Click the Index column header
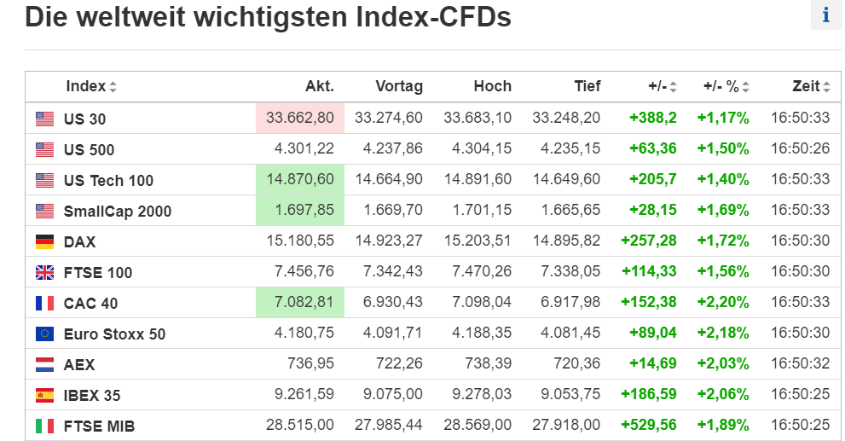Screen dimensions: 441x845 tap(85, 86)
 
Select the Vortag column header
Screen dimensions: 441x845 tap(398, 86)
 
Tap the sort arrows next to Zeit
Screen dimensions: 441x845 tap(826, 87)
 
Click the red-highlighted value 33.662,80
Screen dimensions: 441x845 tap(299, 119)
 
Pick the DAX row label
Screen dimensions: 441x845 tap(80, 242)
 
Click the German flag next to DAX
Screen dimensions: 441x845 tap(44, 242)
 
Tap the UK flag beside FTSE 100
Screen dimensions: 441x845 tap(44, 273)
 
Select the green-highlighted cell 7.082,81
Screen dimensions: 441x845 tap(299, 303)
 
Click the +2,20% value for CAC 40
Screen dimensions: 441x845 tap(723, 303)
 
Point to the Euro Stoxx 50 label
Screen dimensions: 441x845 tap(114, 334)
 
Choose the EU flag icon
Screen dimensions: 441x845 tap(44, 334)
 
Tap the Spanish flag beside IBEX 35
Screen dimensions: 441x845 tap(44, 395)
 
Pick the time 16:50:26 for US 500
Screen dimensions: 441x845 tap(800, 149)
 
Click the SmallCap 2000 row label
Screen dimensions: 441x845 tap(117, 211)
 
